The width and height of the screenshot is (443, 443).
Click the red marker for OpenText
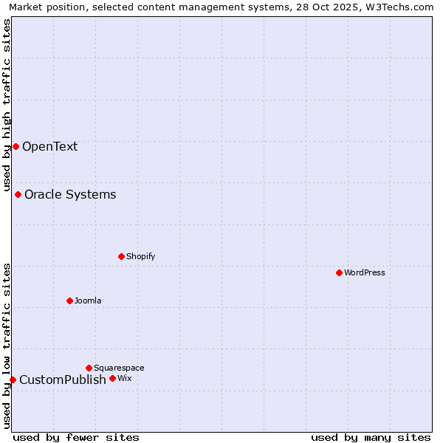16,146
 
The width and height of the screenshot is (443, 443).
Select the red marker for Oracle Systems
18,194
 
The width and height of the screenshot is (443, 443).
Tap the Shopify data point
121,256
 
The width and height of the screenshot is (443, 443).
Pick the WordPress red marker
339,272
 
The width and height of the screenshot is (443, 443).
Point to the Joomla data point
69,301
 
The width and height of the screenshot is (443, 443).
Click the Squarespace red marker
89,368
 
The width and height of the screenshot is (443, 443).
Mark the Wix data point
112,378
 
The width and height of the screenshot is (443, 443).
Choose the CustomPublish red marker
13,380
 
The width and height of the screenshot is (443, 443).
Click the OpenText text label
49,146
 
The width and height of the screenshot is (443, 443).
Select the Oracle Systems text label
70,194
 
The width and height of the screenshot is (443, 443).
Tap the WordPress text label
365,272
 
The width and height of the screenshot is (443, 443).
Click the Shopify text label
140,256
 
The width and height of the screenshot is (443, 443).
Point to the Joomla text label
88,301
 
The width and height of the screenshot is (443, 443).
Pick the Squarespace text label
119,368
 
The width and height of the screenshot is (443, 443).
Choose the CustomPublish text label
63,380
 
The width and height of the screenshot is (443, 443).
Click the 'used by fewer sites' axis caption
76,437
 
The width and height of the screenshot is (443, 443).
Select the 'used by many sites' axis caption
371,437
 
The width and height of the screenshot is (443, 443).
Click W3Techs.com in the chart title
402,7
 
